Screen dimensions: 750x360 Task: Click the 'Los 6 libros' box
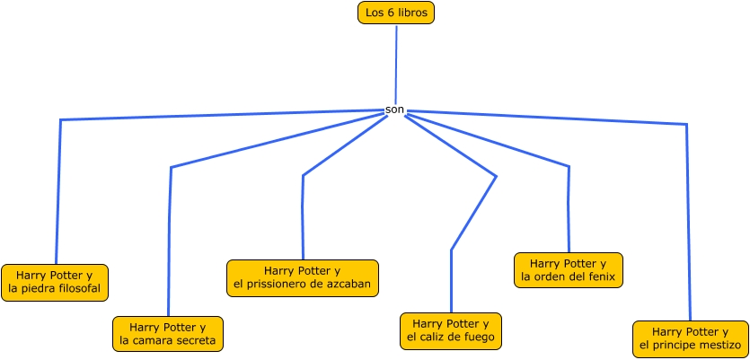[x=395, y=13]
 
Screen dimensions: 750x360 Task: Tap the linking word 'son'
[x=394, y=110]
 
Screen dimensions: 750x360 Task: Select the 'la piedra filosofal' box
[x=55, y=283]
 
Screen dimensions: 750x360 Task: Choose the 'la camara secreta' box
[x=168, y=334]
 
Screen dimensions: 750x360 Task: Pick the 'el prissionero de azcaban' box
[x=302, y=277]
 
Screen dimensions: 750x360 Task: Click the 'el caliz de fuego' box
[x=450, y=330]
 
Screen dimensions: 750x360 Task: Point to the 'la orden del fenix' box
[x=569, y=270]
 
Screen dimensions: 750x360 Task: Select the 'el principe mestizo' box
[x=690, y=338]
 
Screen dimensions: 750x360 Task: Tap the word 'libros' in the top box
[x=413, y=13]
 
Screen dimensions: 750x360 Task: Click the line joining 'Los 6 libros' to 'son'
[x=396, y=63]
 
